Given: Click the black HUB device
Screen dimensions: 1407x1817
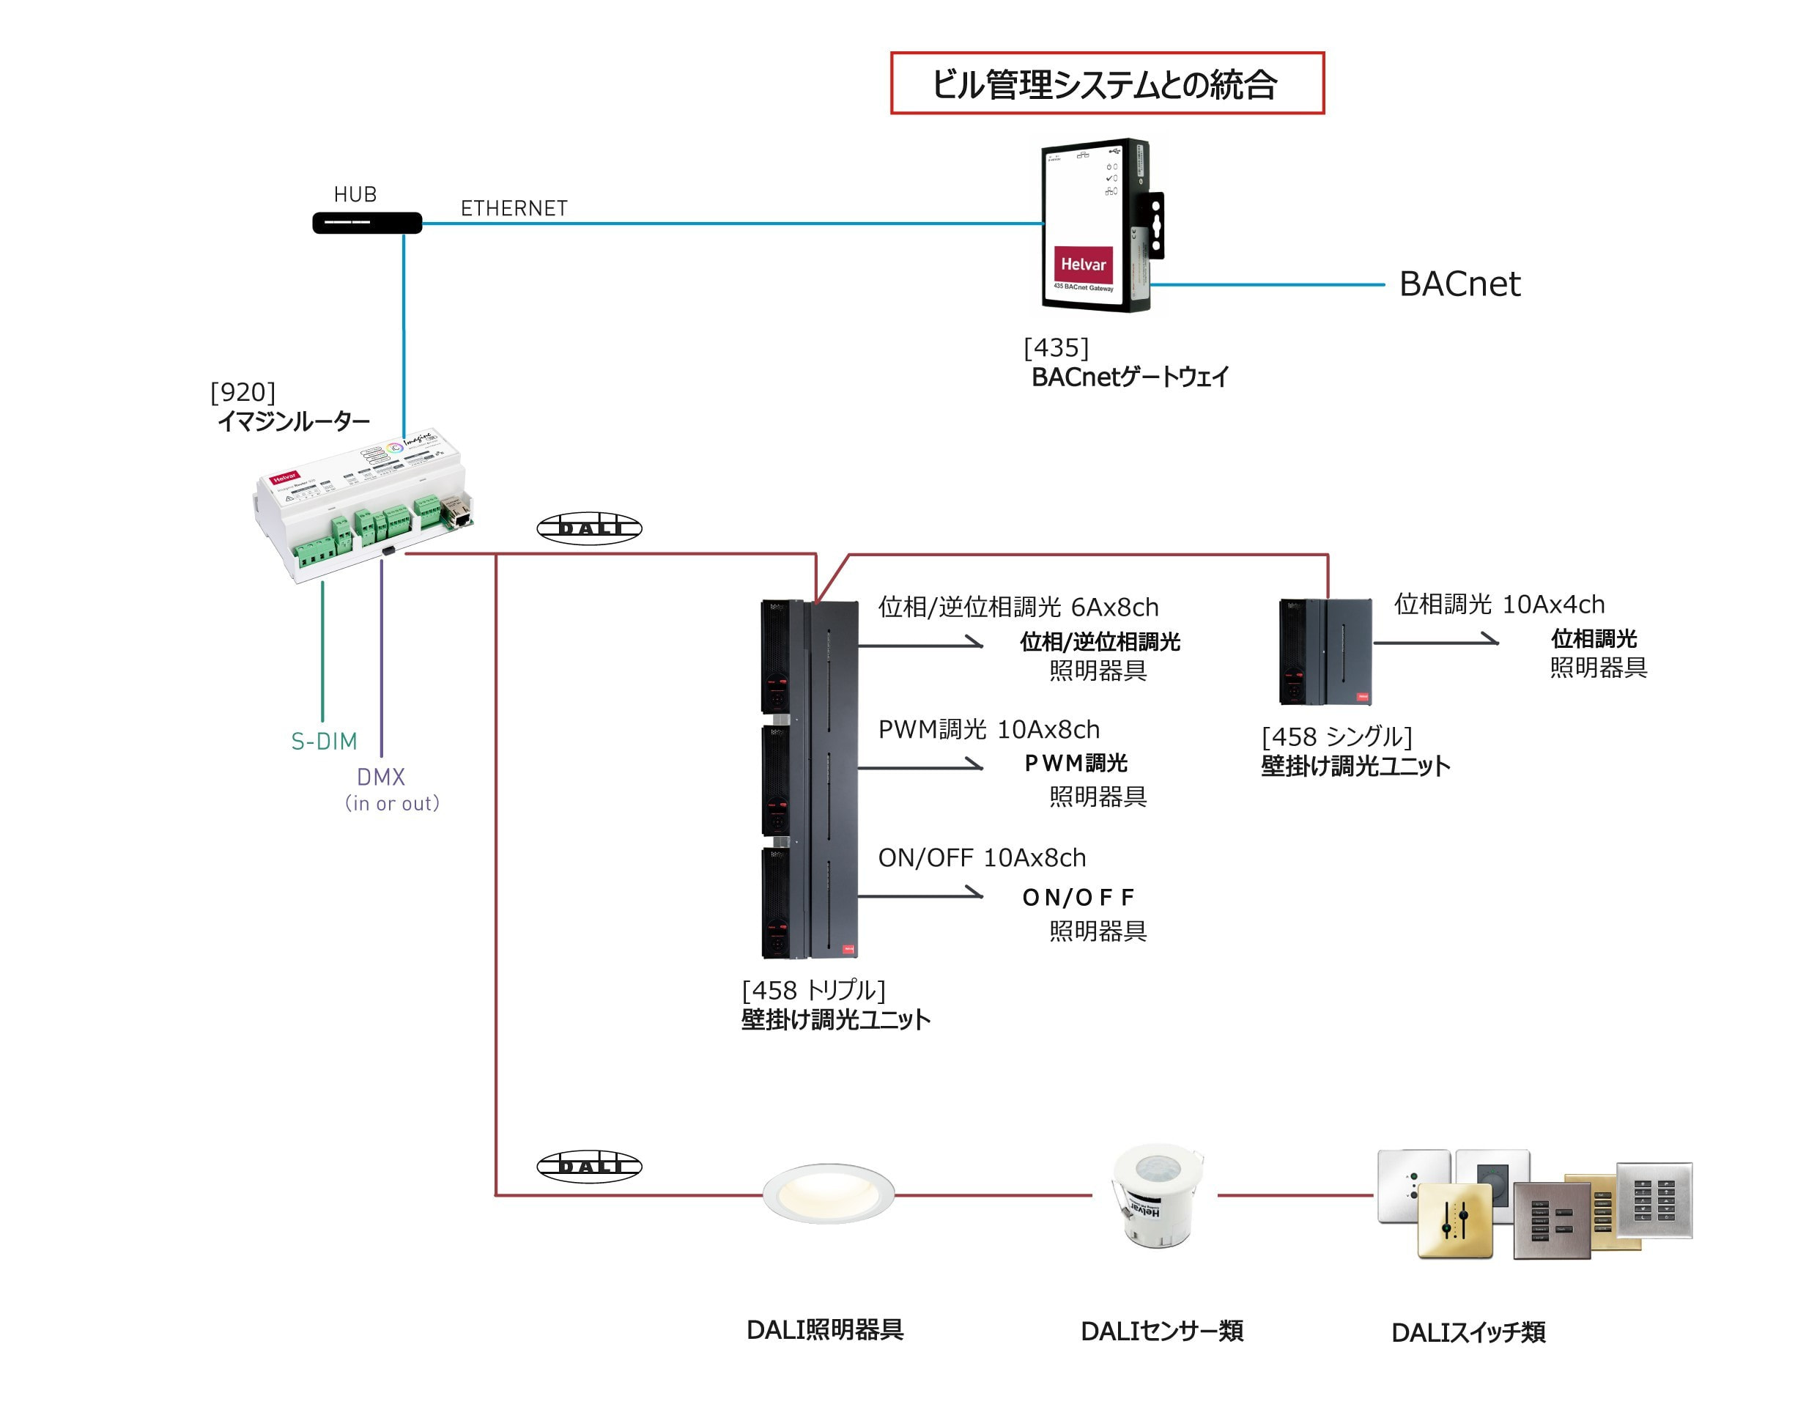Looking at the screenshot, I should click(367, 223).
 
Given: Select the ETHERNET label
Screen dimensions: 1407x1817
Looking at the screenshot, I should click(514, 208).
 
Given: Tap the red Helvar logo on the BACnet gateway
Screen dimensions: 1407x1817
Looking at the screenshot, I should click(1082, 264).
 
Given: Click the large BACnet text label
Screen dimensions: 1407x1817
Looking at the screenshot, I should click(1459, 284).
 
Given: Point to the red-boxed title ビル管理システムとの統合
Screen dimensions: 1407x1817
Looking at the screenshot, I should click(1106, 84).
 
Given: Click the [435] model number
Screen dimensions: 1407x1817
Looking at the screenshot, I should click(1056, 347).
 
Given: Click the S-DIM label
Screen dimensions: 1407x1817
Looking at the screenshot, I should click(324, 741).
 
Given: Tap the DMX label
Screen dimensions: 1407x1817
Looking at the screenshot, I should click(381, 776).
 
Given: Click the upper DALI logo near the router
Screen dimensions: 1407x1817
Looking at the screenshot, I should click(589, 528).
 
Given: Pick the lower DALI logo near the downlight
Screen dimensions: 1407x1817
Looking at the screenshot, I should click(589, 1166).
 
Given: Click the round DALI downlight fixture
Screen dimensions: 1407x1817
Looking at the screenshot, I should click(828, 1192).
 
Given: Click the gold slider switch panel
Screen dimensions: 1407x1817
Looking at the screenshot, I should click(1455, 1220).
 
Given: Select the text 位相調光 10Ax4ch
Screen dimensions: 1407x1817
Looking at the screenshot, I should click(1499, 604).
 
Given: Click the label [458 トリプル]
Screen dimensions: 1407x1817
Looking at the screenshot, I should click(813, 990).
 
